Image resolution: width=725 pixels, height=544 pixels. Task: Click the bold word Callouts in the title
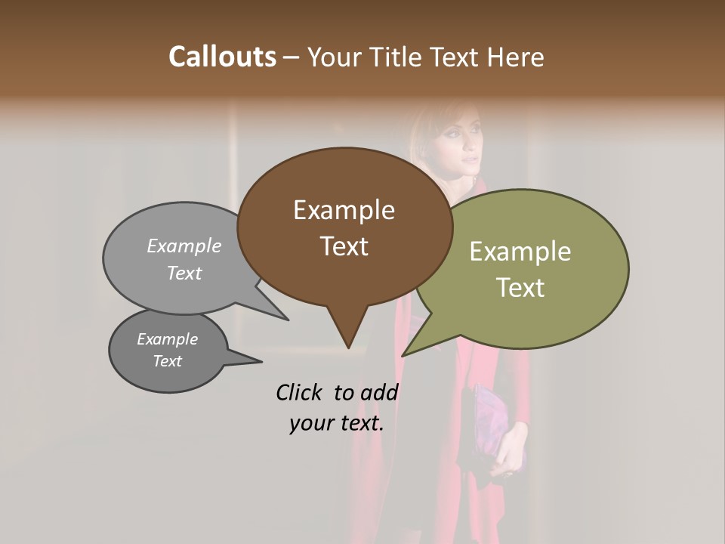point(222,57)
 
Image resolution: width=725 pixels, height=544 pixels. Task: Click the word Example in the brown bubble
point(344,210)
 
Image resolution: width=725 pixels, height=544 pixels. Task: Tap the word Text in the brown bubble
point(344,246)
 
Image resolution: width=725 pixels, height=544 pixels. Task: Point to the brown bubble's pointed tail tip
point(347,348)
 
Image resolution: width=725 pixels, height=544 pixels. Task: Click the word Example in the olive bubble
point(520,252)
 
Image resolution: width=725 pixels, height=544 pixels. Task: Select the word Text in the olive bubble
point(520,288)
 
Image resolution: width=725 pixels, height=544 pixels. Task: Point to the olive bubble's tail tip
point(403,355)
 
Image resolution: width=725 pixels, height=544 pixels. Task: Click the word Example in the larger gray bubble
point(184,246)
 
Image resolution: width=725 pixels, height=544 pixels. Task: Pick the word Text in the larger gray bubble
point(184,274)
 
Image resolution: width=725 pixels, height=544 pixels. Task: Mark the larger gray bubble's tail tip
point(288,320)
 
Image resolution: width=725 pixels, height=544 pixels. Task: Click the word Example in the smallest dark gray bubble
point(167,339)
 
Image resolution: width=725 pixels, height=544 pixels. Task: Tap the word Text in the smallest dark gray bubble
point(167,361)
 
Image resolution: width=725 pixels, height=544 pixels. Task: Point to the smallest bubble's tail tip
point(262,362)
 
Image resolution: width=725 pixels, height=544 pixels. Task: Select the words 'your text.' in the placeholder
point(336,423)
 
